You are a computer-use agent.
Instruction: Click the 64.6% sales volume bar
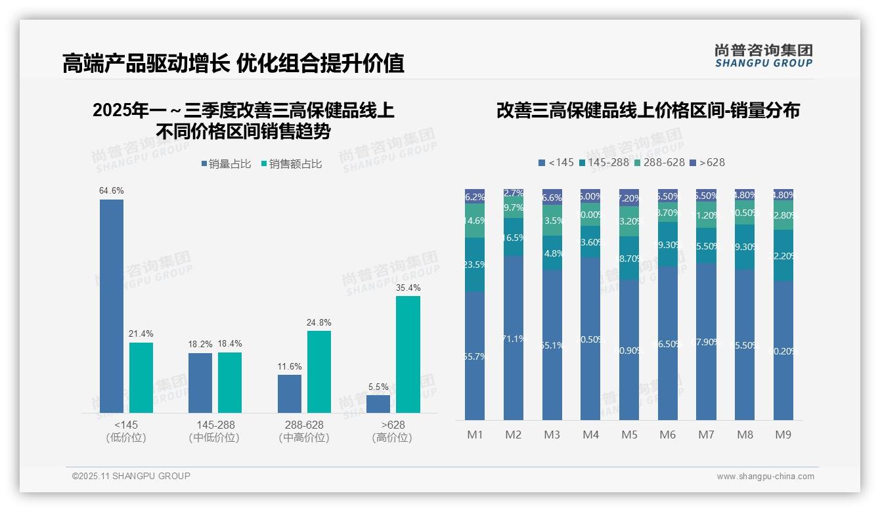click(x=112, y=306)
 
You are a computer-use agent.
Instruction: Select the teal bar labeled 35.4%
click(x=408, y=354)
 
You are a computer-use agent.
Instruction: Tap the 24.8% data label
click(x=319, y=322)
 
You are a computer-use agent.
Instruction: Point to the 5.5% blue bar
click(x=378, y=404)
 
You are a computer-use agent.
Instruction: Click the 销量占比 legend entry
click(x=227, y=164)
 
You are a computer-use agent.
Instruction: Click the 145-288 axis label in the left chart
click(x=215, y=425)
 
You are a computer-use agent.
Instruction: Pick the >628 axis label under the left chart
click(x=393, y=425)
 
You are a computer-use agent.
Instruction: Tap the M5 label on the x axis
click(x=629, y=435)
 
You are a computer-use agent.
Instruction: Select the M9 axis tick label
click(x=783, y=435)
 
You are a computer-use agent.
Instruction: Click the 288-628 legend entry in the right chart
click(x=660, y=162)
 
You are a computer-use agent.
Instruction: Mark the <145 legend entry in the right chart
click(x=556, y=162)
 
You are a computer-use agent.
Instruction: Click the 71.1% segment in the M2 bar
click(x=514, y=338)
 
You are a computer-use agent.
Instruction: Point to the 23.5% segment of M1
click(x=475, y=265)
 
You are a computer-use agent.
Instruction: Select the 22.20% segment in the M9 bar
click(x=783, y=255)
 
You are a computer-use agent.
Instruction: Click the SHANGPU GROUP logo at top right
click(x=763, y=56)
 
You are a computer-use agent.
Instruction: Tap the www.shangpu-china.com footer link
click(x=765, y=477)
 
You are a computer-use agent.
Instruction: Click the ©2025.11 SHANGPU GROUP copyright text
click(x=131, y=476)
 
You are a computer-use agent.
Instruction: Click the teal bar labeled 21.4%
click(x=141, y=377)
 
